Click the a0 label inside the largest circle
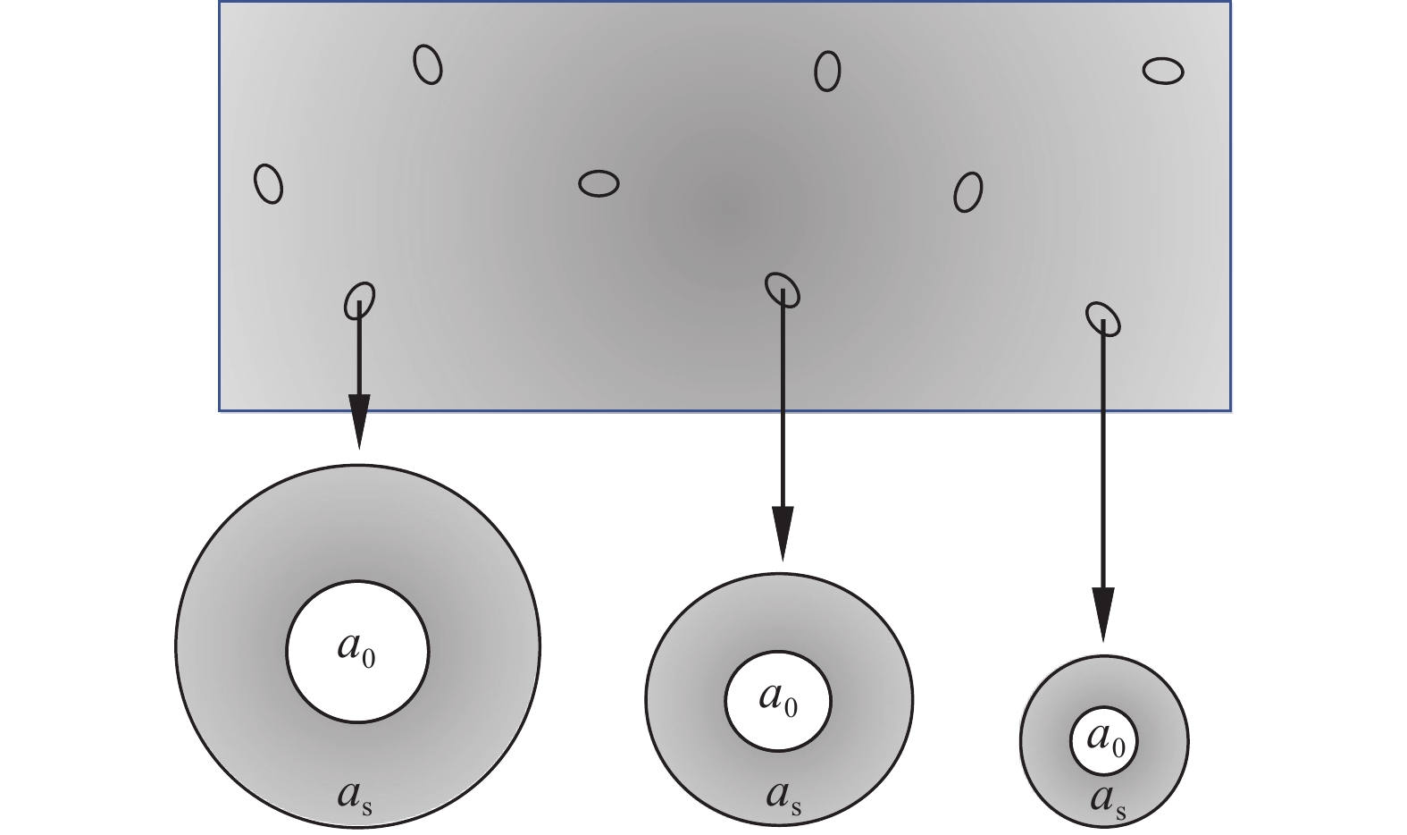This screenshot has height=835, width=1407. pos(356,650)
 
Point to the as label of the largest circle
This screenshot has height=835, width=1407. pos(355,796)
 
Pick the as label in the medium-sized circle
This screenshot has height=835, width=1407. pos(783,797)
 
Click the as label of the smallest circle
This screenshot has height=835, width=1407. pos(1108,801)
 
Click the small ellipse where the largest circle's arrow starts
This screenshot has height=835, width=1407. pos(360,299)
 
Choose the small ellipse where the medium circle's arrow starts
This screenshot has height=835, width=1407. pos(782,288)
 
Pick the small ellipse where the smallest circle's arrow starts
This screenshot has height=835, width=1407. pos(1103,317)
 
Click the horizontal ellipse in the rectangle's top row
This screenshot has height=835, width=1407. pos(1163,71)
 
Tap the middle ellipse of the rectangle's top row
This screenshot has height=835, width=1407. pos(827,71)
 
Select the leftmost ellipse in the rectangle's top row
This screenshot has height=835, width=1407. pos(428,64)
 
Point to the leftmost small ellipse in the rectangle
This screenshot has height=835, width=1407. pos(268,183)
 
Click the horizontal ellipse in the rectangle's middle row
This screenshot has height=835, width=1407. pos(599,183)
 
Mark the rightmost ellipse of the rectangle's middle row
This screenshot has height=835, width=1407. pos(967,192)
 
